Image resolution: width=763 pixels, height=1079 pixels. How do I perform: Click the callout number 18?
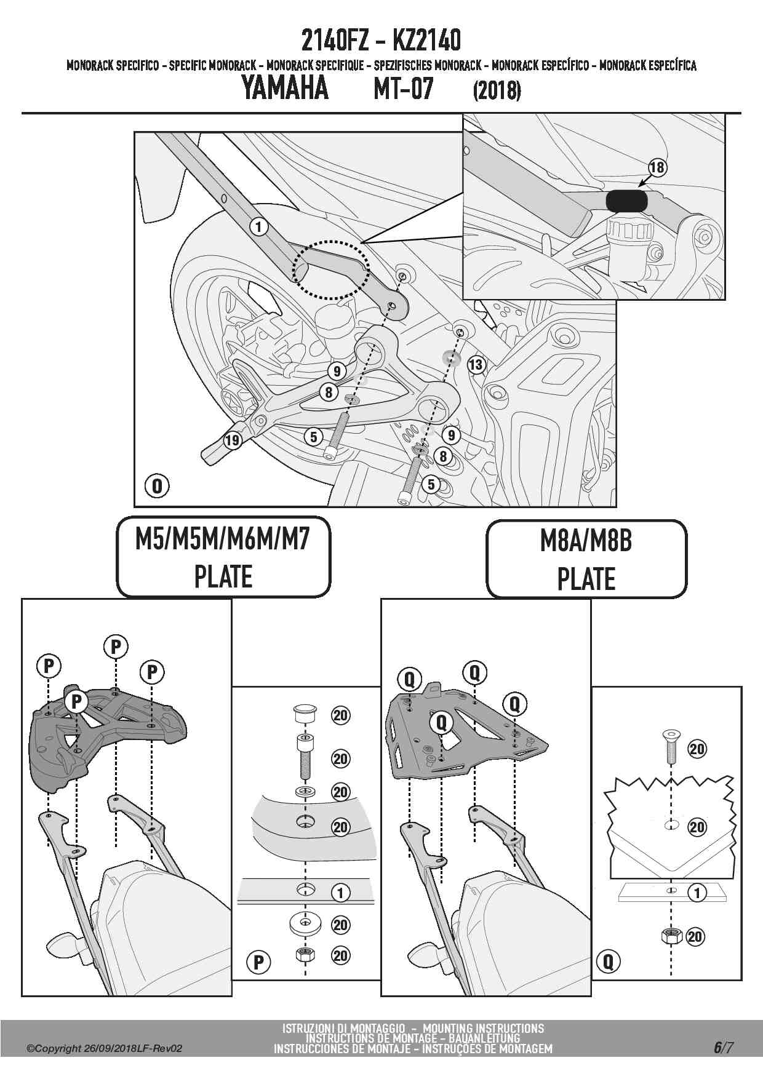(657, 167)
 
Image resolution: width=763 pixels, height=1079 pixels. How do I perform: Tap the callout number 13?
(476, 365)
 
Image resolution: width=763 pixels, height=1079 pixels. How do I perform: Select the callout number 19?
(232, 440)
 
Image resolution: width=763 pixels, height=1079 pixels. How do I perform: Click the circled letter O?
(157, 486)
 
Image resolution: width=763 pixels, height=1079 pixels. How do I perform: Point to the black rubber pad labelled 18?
(626, 201)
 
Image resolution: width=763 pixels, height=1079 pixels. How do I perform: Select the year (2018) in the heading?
(497, 91)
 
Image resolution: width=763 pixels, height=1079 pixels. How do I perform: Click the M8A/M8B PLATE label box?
(586, 559)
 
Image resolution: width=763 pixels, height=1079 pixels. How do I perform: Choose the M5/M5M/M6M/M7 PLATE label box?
(223, 557)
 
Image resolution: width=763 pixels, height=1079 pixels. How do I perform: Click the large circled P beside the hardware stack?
(259, 963)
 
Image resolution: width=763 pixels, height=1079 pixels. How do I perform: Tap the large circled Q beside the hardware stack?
(608, 961)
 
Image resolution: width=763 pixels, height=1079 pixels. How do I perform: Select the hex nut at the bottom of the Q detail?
(670, 936)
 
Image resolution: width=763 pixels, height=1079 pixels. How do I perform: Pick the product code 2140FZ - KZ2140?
(381, 41)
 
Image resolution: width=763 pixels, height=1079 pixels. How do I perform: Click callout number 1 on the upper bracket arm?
(259, 227)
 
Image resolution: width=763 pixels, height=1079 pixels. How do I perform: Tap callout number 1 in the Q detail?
(697, 893)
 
